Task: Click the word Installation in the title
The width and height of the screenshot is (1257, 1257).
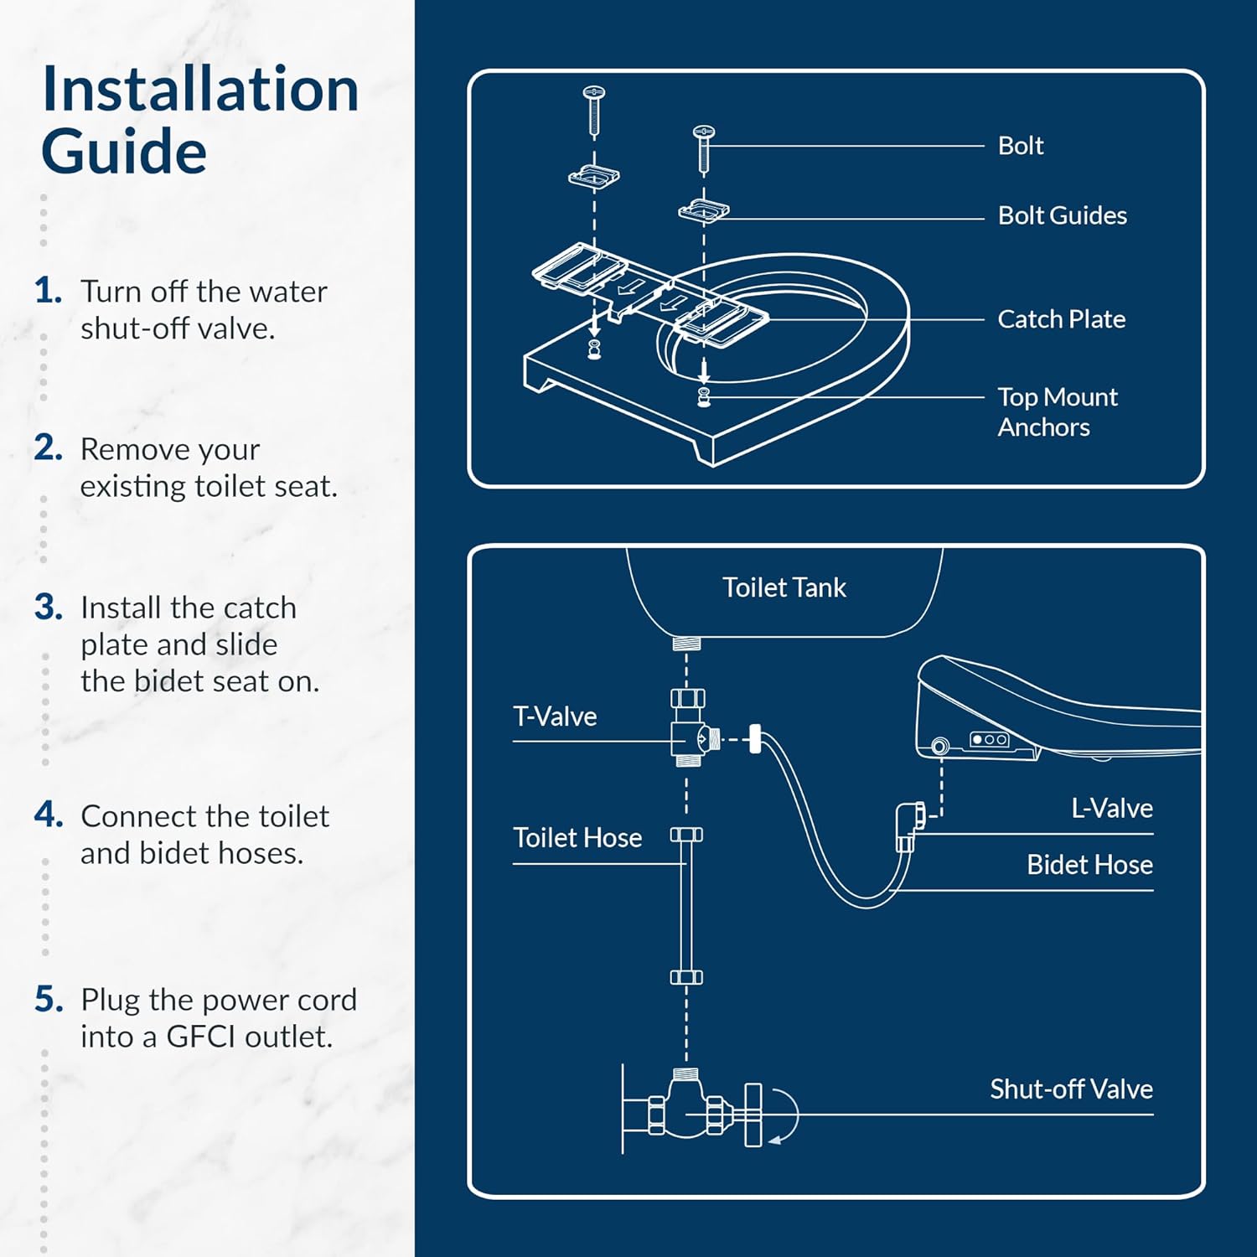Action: [x=200, y=89]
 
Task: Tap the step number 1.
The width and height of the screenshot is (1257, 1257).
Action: [x=48, y=291]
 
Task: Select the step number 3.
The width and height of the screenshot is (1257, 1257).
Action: [x=49, y=607]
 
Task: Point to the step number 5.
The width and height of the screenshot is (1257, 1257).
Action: [x=49, y=999]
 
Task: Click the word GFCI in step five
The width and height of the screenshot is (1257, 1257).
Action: [x=202, y=1037]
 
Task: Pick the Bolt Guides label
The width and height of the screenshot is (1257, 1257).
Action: [x=1062, y=215]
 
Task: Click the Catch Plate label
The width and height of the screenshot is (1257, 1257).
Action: [x=1061, y=319]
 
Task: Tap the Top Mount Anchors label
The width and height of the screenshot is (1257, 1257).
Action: [x=1057, y=411]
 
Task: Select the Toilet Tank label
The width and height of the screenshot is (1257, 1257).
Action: [x=784, y=587]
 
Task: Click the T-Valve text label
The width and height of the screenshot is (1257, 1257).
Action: [x=555, y=716]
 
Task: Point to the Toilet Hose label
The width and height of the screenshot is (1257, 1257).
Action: [x=577, y=838]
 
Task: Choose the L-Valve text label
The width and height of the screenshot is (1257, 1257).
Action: [x=1111, y=808]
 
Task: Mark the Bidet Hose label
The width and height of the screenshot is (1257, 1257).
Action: [x=1089, y=865]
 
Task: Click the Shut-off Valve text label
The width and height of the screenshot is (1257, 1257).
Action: [x=1071, y=1089]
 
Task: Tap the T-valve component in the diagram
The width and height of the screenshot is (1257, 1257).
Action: [x=690, y=729]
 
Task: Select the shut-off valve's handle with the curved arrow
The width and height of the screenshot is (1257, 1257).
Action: [x=753, y=1115]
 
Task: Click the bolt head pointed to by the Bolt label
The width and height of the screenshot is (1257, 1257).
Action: [x=703, y=132]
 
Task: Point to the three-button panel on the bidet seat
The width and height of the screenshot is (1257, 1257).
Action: [x=989, y=739]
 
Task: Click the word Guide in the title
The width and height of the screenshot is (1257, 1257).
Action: [x=124, y=152]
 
